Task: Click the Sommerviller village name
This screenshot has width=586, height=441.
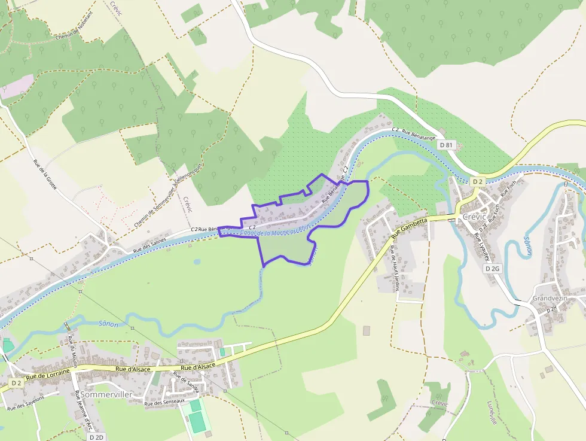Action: click(106, 394)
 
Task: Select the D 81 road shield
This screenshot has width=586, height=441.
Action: click(446, 145)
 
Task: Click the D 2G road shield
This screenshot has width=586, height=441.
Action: click(492, 269)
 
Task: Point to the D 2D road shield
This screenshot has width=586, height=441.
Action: click(96, 437)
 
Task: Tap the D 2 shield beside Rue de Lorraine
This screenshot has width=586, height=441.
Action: click(16, 382)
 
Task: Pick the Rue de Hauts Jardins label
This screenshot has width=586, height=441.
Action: click(394, 268)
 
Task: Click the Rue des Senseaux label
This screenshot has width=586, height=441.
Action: click(162, 403)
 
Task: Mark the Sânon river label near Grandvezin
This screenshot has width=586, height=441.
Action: click(526, 245)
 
